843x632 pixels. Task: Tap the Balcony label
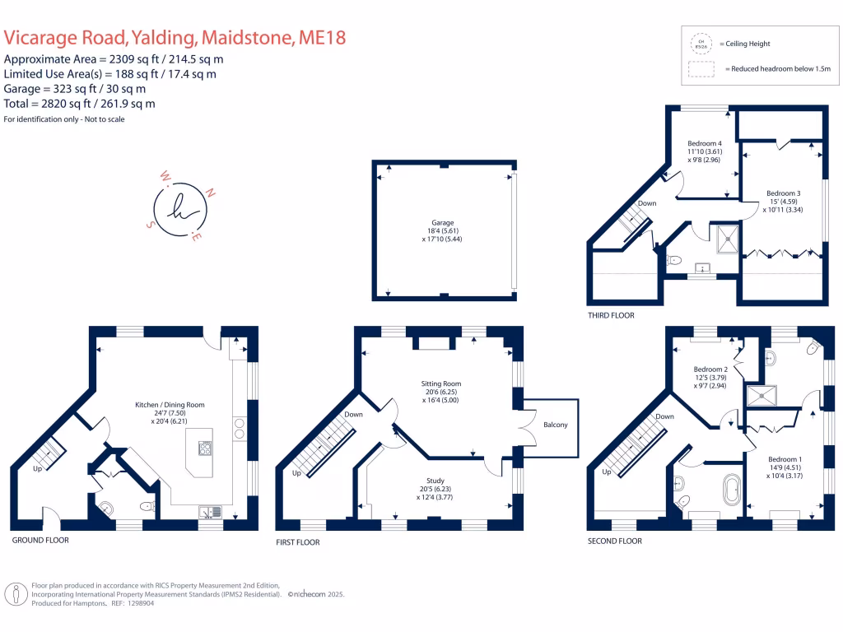pyautogui.click(x=555, y=425)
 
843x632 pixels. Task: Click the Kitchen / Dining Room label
pyautogui.click(x=170, y=405)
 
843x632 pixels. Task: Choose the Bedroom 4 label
pyautogui.click(x=704, y=143)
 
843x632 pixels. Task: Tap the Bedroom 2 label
pyautogui.click(x=710, y=369)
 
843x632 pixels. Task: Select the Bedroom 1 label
pyautogui.click(x=783, y=459)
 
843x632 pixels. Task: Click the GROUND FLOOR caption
pyautogui.click(x=40, y=541)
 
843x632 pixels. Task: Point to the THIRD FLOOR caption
pyautogui.click(x=611, y=315)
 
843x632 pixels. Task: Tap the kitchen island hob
pyautogui.click(x=205, y=448)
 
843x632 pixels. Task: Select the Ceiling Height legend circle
pyautogui.click(x=701, y=43)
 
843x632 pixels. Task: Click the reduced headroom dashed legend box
pyautogui.click(x=701, y=69)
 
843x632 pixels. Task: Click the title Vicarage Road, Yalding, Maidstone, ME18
pyautogui.click(x=175, y=38)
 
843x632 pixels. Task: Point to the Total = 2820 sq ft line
pyautogui.click(x=80, y=104)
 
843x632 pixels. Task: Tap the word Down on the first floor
pyautogui.click(x=353, y=415)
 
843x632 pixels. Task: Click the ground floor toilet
pyautogui.click(x=147, y=507)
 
